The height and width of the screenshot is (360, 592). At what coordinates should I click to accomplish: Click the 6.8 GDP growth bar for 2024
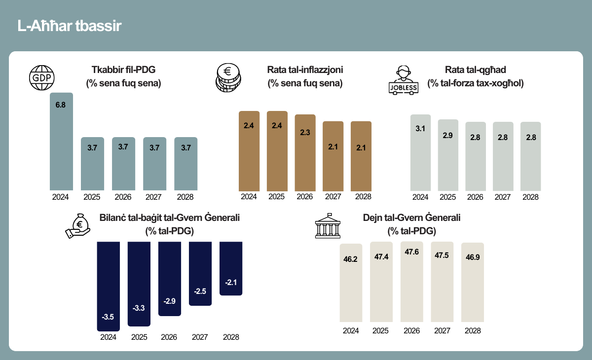tap(61, 142)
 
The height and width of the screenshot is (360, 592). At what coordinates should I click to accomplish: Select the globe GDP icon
tap(42, 77)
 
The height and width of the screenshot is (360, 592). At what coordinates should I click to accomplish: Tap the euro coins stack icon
tap(228, 77)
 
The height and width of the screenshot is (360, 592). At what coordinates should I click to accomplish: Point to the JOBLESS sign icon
tap(404, 80)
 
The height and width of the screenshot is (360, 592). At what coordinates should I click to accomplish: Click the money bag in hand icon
tap(78, 226)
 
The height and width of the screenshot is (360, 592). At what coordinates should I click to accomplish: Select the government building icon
tap(328, 225)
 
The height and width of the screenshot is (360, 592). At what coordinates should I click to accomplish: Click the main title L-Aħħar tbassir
tap(69, 26)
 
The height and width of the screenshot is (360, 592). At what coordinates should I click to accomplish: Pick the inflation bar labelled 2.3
tap(305, 153)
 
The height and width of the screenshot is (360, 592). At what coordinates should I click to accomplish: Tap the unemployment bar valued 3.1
tap(420, 153)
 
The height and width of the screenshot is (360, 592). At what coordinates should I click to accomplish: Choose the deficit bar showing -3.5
tap(109, 287)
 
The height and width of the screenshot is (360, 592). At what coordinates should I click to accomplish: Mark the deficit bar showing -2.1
tap(231, 268)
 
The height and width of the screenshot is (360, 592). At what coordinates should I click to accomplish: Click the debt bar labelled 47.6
tap(412, 282)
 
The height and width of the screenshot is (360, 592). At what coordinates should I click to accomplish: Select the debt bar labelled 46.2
tap(351, 283)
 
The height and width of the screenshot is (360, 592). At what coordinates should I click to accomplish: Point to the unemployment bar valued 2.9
tap(448, 155)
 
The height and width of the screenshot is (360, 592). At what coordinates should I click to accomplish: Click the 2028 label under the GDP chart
tap(185, 197)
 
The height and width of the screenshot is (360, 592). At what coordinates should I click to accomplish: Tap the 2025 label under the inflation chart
tap(276, 197)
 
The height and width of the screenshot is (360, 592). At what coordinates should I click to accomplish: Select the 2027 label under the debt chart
tap(442, 331)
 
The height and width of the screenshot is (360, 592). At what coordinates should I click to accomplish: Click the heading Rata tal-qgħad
tap(476, 70)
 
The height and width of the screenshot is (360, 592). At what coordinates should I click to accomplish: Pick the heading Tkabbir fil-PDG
tap(123, 70)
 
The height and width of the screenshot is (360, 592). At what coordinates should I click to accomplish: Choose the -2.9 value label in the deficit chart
tap(169, 301)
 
